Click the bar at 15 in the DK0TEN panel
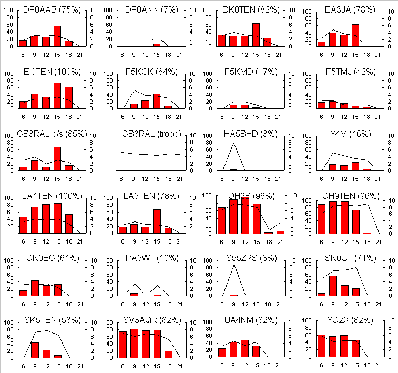256,35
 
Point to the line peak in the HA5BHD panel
233,144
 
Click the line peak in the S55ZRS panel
233,265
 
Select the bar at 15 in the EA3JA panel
355,35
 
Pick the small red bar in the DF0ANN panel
157,45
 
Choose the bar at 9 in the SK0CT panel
333,286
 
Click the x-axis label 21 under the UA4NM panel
278,365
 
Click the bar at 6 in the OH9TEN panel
321,219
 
